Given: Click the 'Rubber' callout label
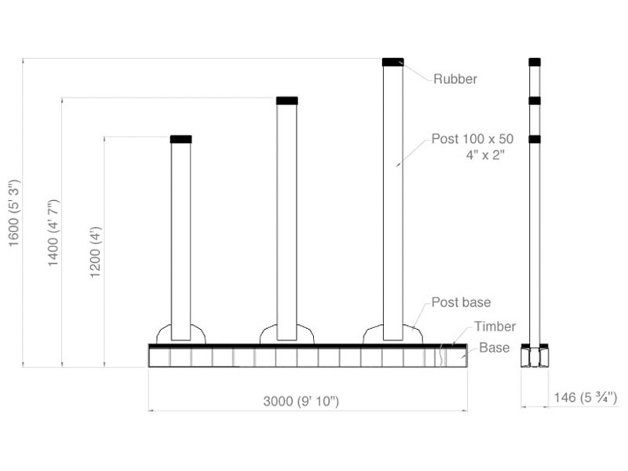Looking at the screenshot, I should tap(455, 78).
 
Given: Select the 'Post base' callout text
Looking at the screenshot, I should tap(461, 302).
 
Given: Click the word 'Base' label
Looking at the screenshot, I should tap(495, 347).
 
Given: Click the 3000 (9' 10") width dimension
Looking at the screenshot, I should tap(301, 401).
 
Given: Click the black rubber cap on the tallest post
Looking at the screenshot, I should tap(392, 61).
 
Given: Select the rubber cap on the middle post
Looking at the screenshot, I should tap(287, 100).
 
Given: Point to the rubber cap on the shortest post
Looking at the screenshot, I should tap(181, 139).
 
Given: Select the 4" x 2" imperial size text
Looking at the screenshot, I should tap(484, 155).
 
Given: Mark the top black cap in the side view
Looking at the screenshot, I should tap(535, 61).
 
